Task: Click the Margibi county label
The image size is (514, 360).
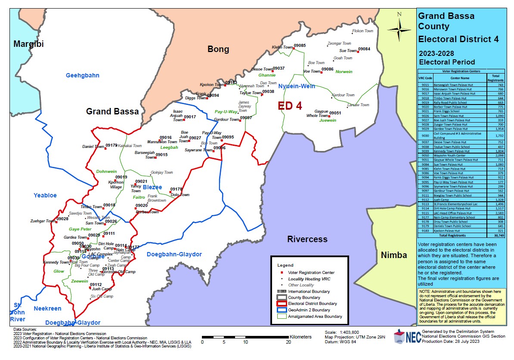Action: pos(28,44)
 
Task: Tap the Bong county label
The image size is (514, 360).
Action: pos(218,49)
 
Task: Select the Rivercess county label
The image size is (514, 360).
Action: pos(307,239)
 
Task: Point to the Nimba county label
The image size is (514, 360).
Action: pos(393,255)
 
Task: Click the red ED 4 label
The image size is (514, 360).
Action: pos(289,106)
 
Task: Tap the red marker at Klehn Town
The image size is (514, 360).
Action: pos(294,49)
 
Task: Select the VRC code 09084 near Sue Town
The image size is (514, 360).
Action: pos(364,49)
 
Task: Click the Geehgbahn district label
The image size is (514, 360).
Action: pos(82,75)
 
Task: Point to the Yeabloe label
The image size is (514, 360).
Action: pos(45,195)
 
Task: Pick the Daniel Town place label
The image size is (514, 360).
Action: pos(93,147)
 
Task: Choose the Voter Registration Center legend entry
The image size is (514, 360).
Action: pos(311,273)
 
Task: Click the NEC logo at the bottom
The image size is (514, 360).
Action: pos(406,337)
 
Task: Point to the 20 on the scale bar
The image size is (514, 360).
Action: pos(288,343)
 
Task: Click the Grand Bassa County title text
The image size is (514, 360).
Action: pos(446,21)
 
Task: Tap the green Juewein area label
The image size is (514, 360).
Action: pos(328,120)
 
